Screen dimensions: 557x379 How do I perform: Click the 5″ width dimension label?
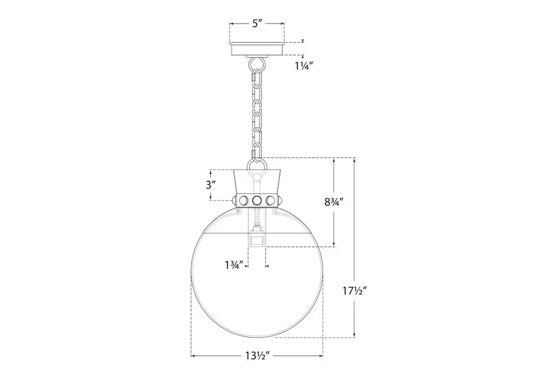coord(257,24)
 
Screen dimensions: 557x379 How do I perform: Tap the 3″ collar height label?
coord(211,185)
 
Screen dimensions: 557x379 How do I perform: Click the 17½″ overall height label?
coord(355,291)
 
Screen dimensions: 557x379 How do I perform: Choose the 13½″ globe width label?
coord(257,355)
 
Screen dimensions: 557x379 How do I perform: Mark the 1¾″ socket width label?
coord(234,265)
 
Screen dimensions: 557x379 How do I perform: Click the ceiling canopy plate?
coord(257,48)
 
